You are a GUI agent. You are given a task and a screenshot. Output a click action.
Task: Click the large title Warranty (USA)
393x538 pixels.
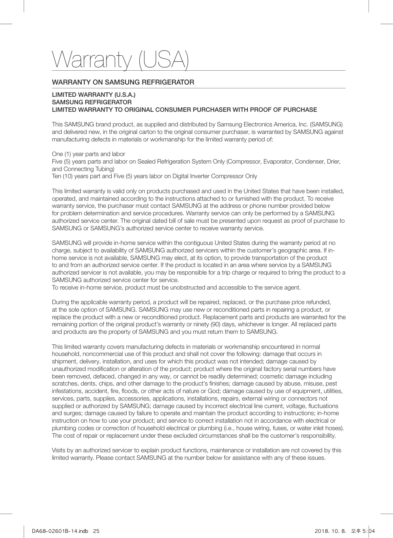120,60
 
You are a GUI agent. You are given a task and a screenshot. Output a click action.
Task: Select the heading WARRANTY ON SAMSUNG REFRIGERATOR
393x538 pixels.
123,82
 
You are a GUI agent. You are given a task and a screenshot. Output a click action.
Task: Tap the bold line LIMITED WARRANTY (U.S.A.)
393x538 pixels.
94,95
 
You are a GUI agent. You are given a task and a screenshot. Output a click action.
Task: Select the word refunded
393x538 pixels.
318,302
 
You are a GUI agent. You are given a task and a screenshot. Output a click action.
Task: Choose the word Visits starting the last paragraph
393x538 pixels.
60,450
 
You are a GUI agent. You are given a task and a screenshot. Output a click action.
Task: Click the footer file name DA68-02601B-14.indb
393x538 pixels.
60,531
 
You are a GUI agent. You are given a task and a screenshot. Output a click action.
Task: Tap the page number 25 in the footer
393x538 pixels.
96,531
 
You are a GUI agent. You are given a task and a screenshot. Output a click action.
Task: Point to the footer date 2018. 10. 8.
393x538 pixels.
330,531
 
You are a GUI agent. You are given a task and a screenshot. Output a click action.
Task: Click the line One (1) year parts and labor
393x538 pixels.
88,154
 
